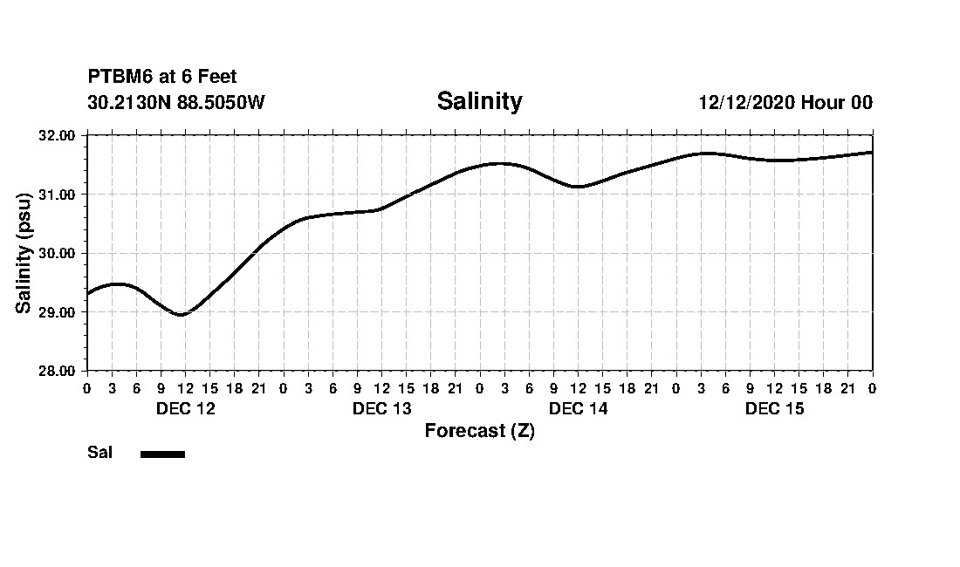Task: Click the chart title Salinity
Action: tap(479, 101)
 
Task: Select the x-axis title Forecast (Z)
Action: tap(479, 431)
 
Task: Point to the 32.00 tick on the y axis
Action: tap(58, 135)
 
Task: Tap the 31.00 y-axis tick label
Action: tap(58, 194)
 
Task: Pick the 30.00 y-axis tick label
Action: tap(58, 253)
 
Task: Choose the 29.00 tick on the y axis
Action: tap(58, 311)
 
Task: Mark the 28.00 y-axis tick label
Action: tap(58, 371)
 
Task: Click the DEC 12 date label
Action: tap(185, 409)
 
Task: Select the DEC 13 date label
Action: tap(381, 409)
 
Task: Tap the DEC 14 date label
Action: tap(578, 409)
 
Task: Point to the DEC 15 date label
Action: tap(774, 409)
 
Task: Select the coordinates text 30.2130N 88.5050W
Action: tap(176, 102)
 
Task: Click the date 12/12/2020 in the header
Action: tap(745, 102)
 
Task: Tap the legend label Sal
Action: tap(100, 453)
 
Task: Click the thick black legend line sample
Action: tap(162, 454)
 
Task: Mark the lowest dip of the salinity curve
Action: tap(181, 314)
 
